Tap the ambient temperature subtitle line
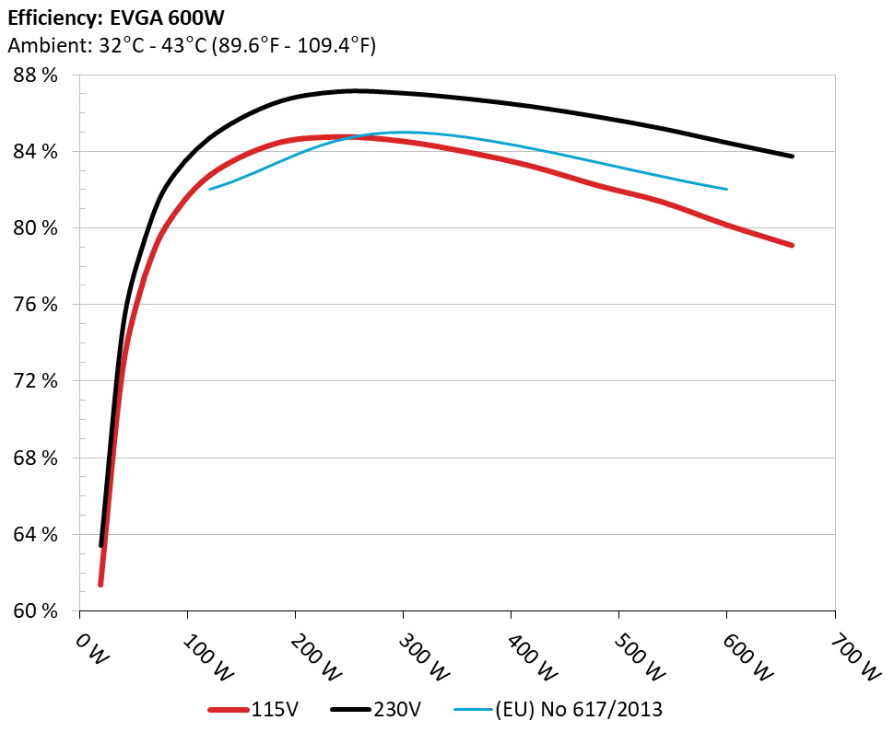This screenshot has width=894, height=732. pyautogui.click(x=192, y=44)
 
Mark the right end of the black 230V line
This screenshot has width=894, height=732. pyautogui.click(x=792, y=157)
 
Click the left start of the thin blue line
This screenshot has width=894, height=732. pyautogui.click(x=210, y=189)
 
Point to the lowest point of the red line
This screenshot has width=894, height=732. pyautogui.click(x=100, y=584)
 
